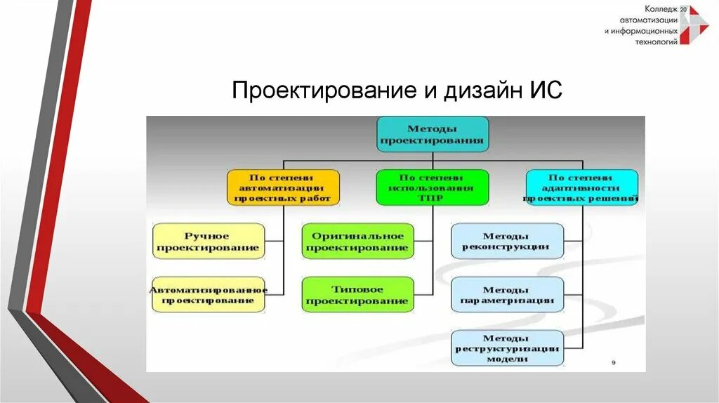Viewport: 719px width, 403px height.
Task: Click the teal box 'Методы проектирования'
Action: coord(432,134)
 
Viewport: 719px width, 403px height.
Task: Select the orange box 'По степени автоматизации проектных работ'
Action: coord(283,187)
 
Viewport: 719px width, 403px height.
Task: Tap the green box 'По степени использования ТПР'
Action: coord(431,187)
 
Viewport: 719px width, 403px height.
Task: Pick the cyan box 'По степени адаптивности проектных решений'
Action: coord(582,187)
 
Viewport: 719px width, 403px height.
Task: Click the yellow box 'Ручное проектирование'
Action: coord(209,242)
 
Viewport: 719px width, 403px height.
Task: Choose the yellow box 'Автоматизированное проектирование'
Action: coord(209,294)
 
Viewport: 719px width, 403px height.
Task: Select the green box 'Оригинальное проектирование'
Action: coord(357,242)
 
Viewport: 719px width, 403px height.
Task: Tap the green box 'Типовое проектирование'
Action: coord(357,295)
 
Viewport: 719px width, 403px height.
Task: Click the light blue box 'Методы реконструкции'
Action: coord(507,242)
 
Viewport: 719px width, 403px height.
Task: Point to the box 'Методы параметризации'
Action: coord(507,295)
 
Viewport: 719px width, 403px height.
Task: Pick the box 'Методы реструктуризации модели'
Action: coord(507,348)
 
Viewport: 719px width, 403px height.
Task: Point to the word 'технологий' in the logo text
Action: coord(656,42)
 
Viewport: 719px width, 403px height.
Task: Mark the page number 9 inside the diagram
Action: coord(614,362)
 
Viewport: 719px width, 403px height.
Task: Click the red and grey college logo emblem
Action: coord(697,26)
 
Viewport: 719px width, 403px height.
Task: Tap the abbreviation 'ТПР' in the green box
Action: coord(431,199)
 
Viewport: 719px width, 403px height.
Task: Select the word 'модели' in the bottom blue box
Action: coord(507,359)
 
